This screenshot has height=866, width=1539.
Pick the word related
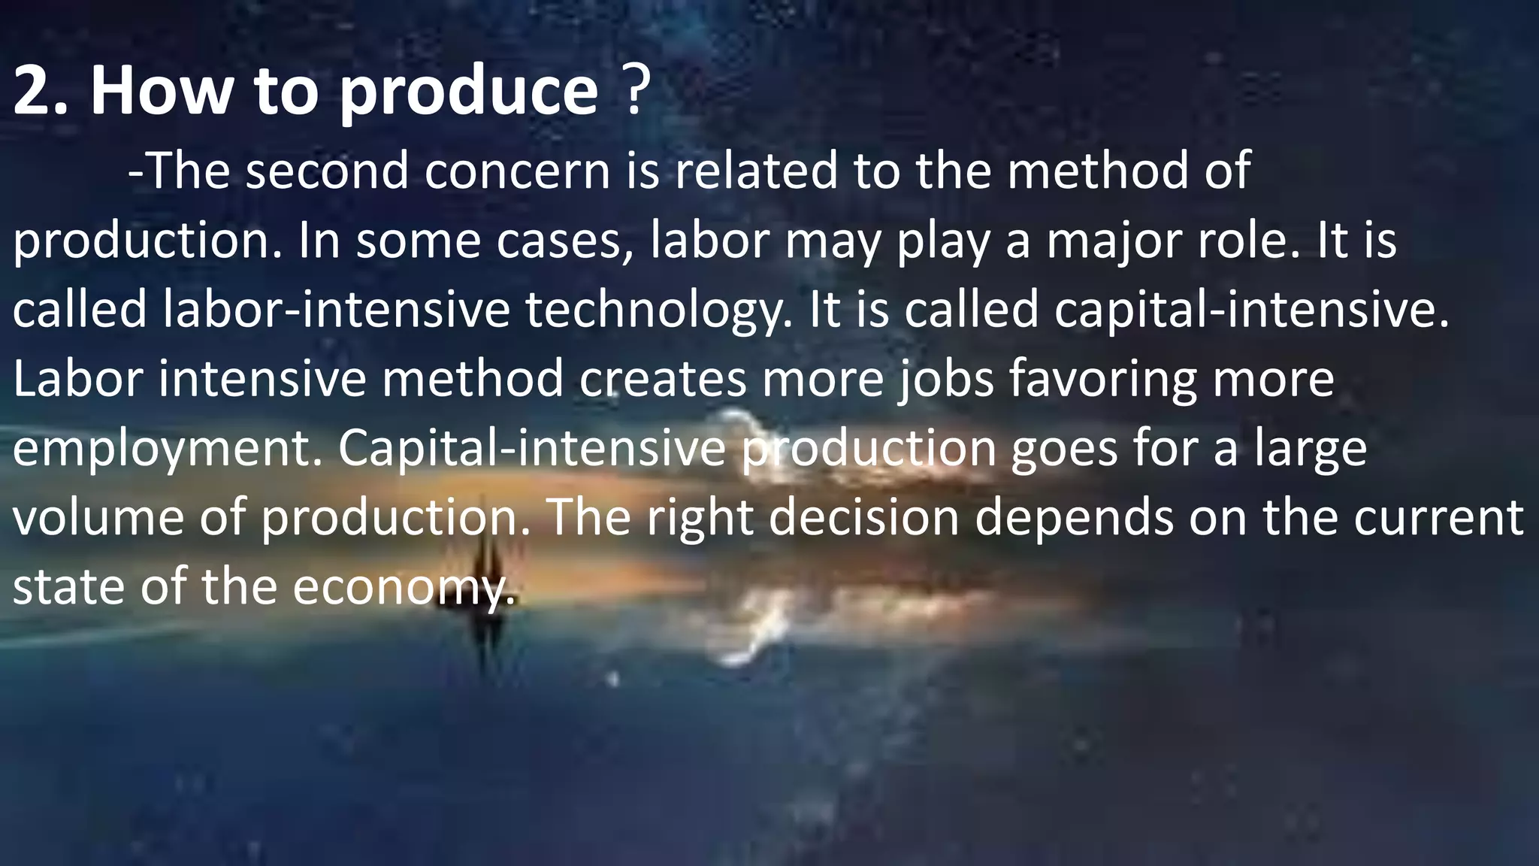(x=754, y=171)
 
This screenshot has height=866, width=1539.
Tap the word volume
(x=98, y=518)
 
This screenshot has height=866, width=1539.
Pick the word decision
(x=863, y=518)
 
